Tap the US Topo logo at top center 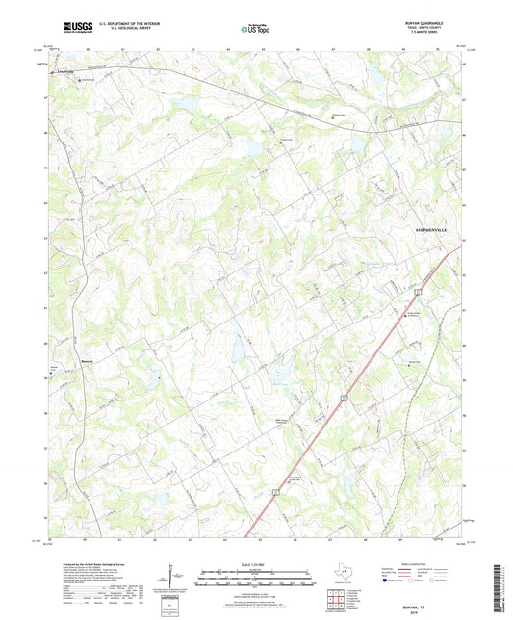click(x=255, y=29)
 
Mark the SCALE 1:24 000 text click(x=255, y=563)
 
